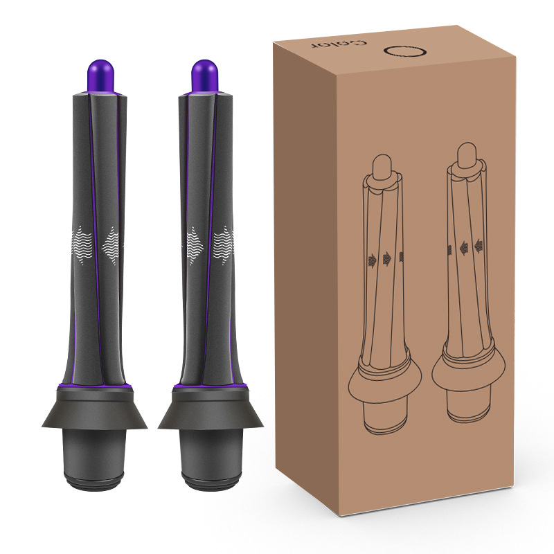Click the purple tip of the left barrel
tap(100, 76)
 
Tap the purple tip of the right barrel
tap(205, 76)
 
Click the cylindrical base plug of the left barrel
tap(94, 459)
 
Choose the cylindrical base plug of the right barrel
tap(211, 459)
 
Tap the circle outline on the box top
tap(405, 51)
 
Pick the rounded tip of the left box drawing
tap(382, 166)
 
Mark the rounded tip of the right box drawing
tap(467, 154)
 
